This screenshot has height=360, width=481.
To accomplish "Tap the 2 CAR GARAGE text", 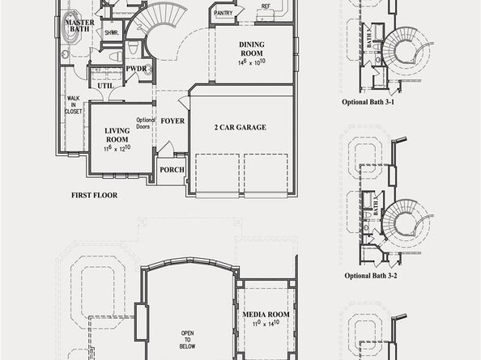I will pos(240,127).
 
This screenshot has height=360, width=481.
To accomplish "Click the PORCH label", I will pos(172,170).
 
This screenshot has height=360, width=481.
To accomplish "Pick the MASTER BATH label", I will pos(79,24).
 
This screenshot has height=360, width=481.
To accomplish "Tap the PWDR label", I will pos(135,69).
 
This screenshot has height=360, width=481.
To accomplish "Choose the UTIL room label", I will pos(105,85).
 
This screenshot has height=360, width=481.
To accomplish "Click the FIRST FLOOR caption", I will pos(95,195).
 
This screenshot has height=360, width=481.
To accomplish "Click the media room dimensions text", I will pos(266,323).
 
